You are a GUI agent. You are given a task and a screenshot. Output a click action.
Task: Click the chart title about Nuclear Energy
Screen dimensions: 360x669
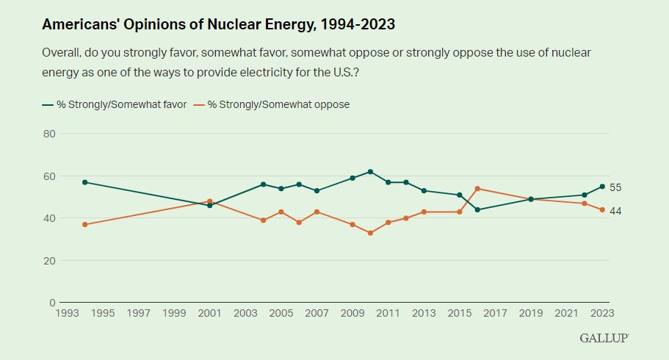[218, 24]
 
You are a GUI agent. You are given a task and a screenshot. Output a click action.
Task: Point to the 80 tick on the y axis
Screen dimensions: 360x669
[49, 134]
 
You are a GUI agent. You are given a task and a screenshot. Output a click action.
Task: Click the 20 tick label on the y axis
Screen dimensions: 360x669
[49, 261]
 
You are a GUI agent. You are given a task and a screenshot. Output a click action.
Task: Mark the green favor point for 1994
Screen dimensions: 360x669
[85, 182]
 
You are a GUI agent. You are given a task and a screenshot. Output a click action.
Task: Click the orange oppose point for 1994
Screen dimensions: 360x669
[85, 224]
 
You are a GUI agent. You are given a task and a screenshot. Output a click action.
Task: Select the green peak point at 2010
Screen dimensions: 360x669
[370, 171]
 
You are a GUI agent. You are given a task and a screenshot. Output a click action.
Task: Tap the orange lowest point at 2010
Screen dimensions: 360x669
[370, 233]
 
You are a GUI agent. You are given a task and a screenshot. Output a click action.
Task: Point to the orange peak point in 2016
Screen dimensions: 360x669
[477, 189]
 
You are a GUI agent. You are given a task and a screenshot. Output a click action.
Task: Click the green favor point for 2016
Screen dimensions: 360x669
[477, 209]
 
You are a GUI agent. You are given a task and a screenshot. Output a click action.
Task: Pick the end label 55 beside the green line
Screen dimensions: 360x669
[616, 187]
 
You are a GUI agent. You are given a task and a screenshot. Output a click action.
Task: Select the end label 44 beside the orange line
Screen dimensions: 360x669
[616, 211]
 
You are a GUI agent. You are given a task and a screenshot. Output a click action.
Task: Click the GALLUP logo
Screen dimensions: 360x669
[604, 338]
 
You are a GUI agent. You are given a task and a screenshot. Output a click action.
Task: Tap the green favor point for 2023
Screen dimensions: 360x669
[602, 187]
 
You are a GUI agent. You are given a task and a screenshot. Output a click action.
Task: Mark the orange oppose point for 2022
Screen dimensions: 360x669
[585, 203]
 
